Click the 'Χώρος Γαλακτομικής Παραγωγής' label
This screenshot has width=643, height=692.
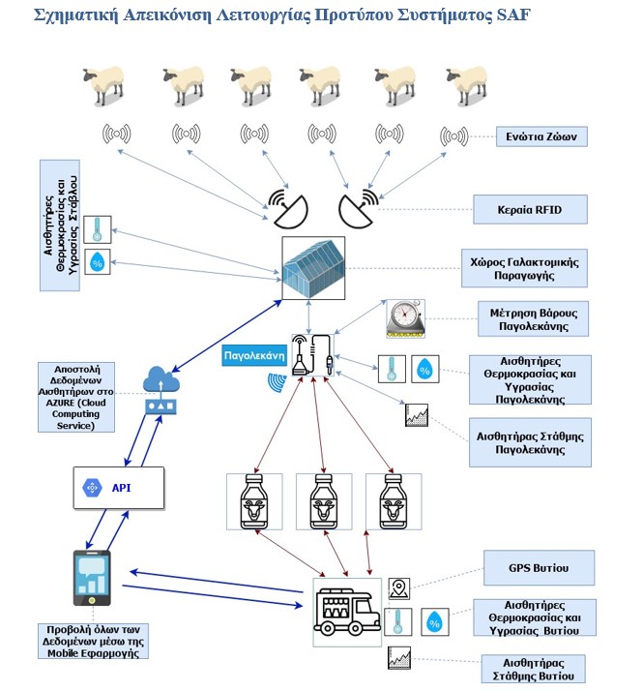click(x=522, y=267)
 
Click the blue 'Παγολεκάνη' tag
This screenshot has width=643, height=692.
click(x=253, y=354)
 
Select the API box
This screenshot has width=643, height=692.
click(x=119, y=487)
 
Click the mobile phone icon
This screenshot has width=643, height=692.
click(x=93, y=578)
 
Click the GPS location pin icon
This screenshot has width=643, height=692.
click(x=399, y=587)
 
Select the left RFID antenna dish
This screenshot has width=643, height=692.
click(x=287, y=203)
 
